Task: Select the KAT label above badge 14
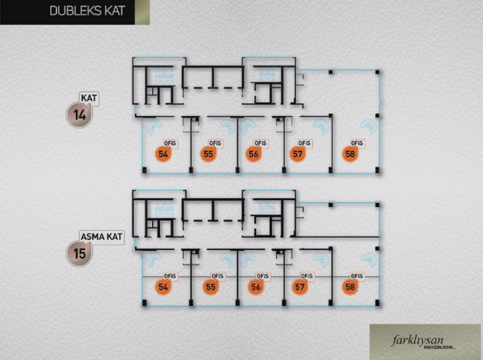coord(89,99)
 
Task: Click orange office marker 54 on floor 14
coord(163,154)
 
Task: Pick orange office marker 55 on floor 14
coord(208,154)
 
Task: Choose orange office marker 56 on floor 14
coord(253,154)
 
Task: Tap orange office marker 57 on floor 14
coord(298,154)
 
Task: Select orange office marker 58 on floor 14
coord(350,154)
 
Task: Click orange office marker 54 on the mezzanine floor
coord(163,287)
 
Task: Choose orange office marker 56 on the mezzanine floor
coord(256,287)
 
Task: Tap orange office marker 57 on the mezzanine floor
coord(299,287)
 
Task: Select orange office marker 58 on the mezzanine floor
coord(350,287)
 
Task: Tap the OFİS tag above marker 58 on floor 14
coord(357,143)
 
